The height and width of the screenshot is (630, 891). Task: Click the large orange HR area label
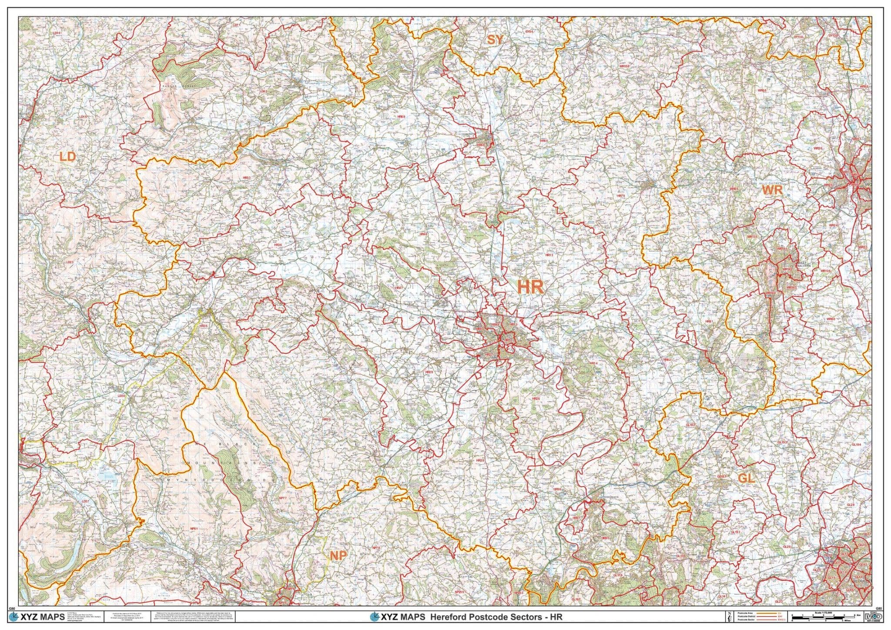pos(530,287)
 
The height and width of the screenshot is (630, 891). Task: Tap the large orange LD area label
pos(67,157)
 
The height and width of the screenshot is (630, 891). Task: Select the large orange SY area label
pos(495,40)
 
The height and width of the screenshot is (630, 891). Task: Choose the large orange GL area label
pos(746,479)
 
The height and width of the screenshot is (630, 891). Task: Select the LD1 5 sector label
pos(83,117)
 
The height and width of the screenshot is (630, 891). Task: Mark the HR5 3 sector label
pos(247,178)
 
